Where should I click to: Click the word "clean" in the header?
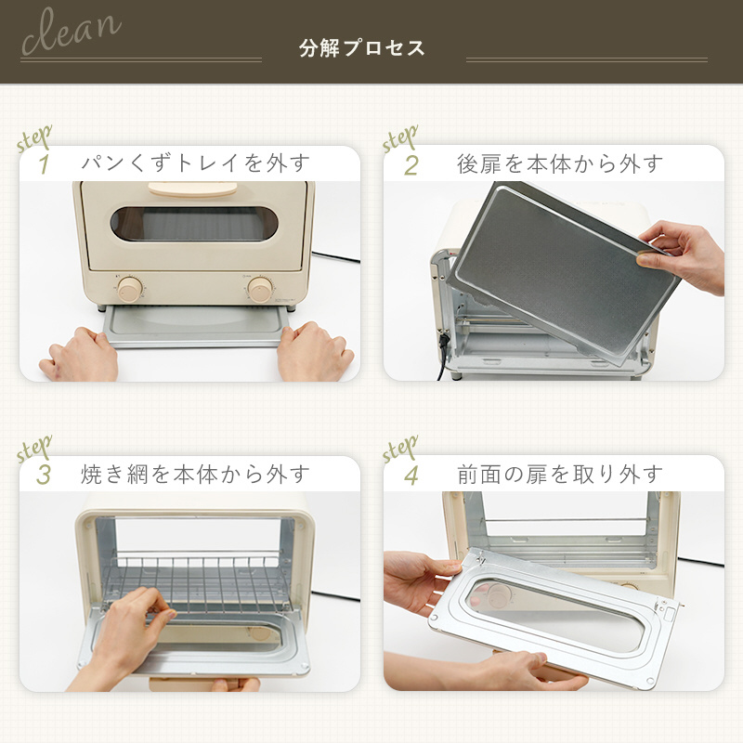click(72, 32)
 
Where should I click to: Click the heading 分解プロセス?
click(361, 48)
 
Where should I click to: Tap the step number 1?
click(44, 164)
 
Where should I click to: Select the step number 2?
click(411, 165)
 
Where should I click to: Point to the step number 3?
click(44, 475)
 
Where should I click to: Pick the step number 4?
click(411, 475)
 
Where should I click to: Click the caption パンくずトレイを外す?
click(195, 163)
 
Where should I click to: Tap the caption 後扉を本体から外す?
click(560, 164)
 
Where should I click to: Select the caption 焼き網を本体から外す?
click(195, 475)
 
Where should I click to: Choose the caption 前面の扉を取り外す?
click(560, 475)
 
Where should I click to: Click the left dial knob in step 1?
click(130, 289)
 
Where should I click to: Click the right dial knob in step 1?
click(260, 289)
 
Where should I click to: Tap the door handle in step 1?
click(193, 189)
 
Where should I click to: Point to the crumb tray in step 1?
click(196, 326)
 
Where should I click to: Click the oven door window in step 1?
click(194, 224)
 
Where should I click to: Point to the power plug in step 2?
click(444, 341)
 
